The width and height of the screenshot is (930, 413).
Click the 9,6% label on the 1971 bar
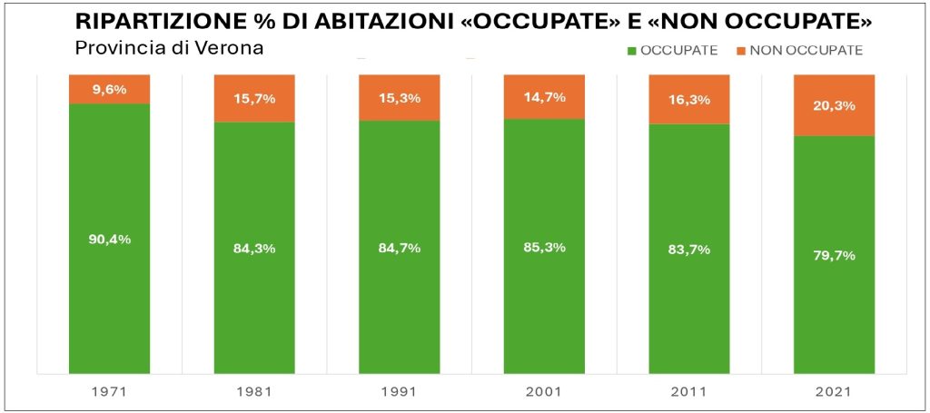coord(109,89)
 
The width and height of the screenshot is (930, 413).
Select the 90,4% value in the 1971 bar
coord(109,240)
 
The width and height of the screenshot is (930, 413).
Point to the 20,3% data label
coord(834,105)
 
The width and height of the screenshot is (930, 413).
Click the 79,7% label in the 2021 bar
coord(834,255)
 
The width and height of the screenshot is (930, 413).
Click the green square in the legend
coord(632,51)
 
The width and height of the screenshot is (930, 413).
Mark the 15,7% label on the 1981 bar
coord(254,99)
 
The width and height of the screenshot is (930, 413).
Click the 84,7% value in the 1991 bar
coord(399,247)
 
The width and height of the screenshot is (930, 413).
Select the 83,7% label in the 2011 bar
coord(689,250)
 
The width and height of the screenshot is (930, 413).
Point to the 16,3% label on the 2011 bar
coord(689,100)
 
